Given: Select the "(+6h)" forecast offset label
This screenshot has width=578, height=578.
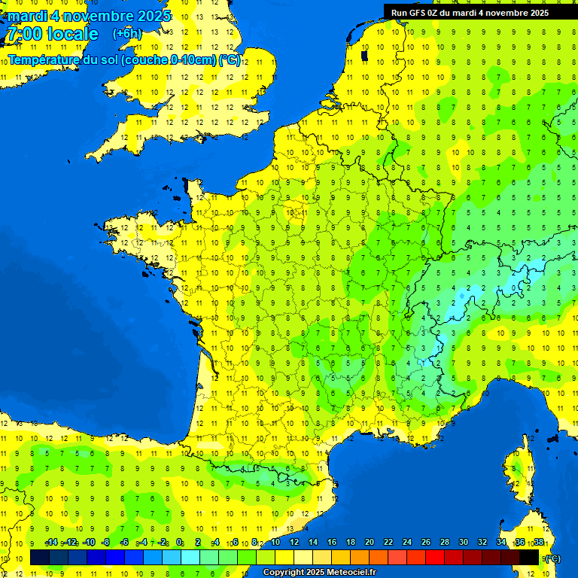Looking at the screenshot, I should tap(126, 33).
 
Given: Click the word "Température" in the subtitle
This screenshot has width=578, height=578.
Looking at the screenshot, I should tap(44, 60).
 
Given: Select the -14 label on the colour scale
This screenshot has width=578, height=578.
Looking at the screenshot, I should tap(51, 543).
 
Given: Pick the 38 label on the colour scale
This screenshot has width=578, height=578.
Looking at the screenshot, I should tap(538, 543).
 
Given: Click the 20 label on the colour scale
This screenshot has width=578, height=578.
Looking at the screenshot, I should tap(369, 543).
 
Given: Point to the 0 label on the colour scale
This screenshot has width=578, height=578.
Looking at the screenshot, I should tap(179, 543).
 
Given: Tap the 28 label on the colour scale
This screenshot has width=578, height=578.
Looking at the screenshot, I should tap(444, 543).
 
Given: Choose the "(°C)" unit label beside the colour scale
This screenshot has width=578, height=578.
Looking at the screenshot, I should tap(552, 558).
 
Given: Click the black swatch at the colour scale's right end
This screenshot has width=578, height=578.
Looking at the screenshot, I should tap(529, 558).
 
